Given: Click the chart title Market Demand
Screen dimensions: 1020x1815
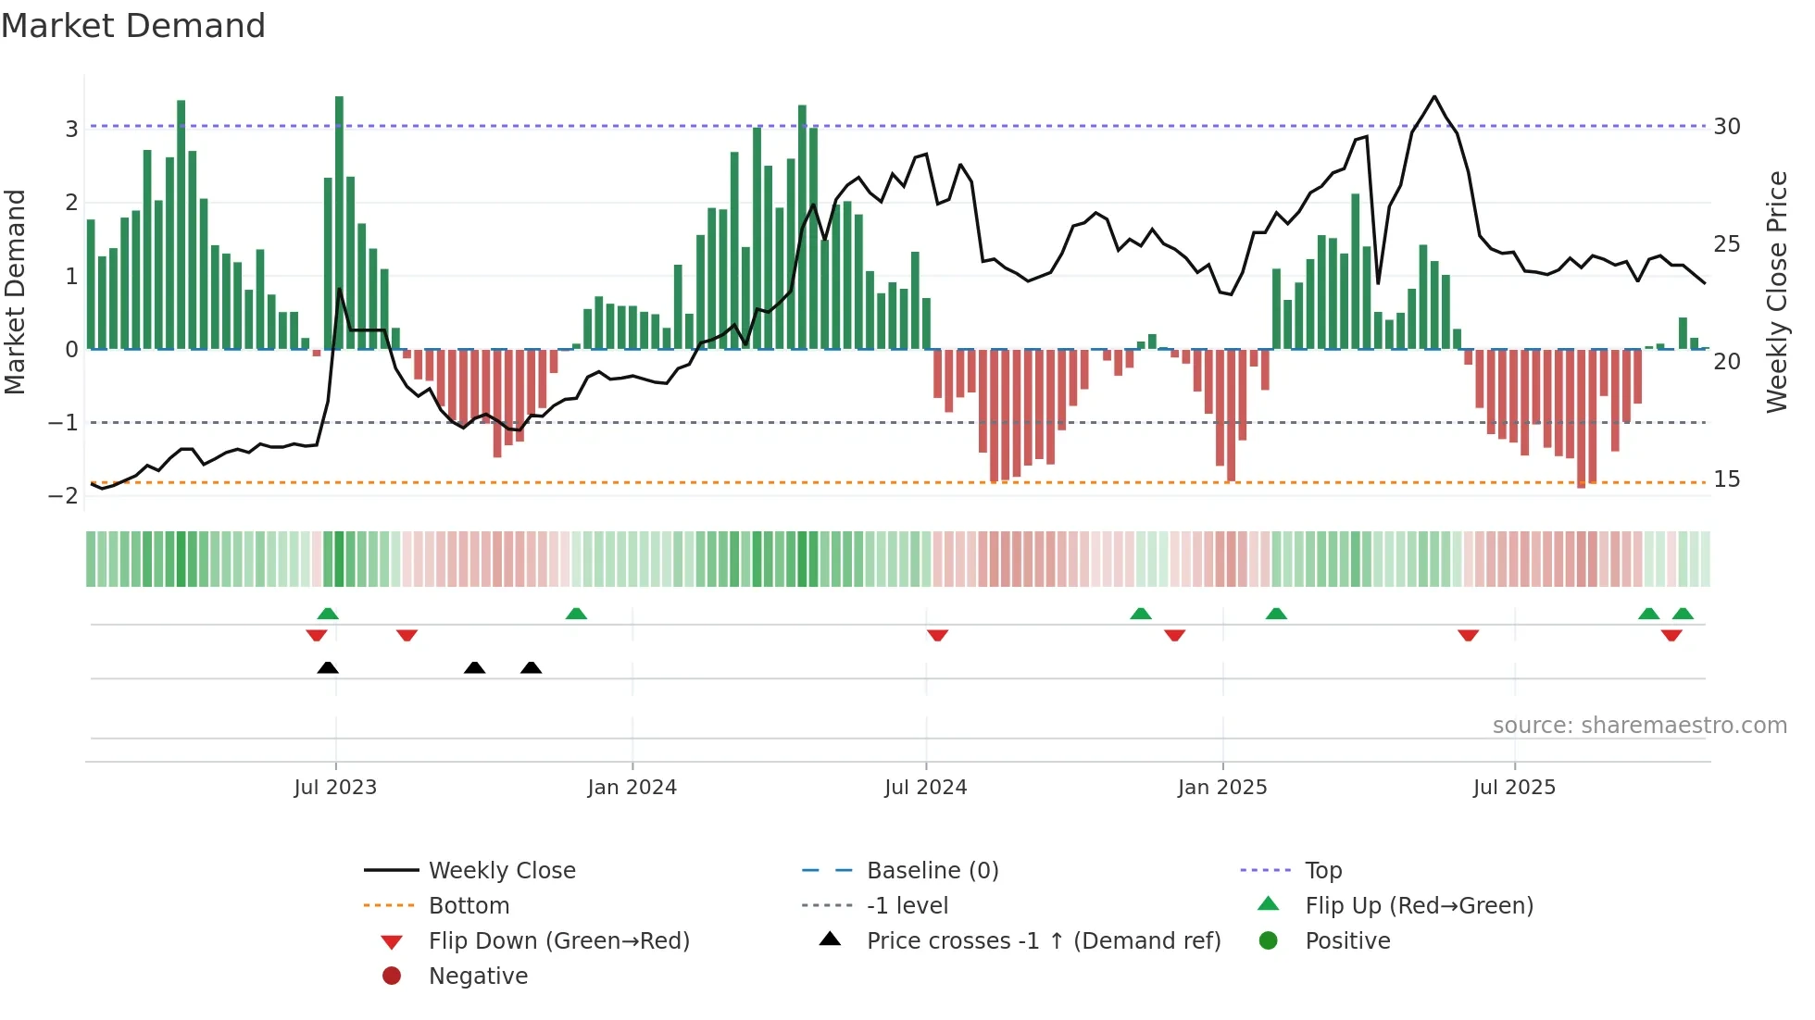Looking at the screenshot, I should click(133, 26).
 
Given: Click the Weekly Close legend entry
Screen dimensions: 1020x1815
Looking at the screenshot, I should click(501, 870).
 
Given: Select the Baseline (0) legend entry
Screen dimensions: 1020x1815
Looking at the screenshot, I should click(932, 870).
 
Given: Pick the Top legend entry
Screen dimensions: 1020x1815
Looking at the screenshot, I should click(1322, 870).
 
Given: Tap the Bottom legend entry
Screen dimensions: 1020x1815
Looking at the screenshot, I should click(469, 905).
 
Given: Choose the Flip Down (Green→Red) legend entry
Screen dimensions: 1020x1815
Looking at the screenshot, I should click(558, 940).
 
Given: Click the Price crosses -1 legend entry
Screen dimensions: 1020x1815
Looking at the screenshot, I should click(1043, 940).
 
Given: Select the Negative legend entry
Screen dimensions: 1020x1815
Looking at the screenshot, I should click(478, 976).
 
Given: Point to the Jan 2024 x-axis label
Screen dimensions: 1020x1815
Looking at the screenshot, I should click(632, 787).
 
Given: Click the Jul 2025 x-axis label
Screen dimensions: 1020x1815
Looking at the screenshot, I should click(1514, 787).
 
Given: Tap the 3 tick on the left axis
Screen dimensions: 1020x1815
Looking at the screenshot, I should click(71, 129).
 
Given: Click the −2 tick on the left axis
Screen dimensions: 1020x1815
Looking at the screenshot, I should click(64, 496).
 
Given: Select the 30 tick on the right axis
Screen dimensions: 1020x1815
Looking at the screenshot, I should click(1726, 126).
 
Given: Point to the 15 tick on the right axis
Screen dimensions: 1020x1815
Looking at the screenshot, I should click(1726, 479).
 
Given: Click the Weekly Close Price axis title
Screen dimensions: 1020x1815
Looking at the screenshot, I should click(1776, 292).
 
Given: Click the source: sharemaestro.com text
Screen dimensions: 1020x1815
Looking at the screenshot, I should click(1639, 725).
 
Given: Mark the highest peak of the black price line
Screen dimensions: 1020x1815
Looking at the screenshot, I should click(1434, 96).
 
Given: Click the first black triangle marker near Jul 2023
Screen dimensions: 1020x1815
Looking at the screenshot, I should click(328, 667).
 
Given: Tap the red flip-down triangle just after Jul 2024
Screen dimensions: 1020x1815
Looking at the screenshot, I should click(937, 635).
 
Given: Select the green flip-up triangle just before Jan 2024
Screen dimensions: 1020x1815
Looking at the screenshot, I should click(576, 614).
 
